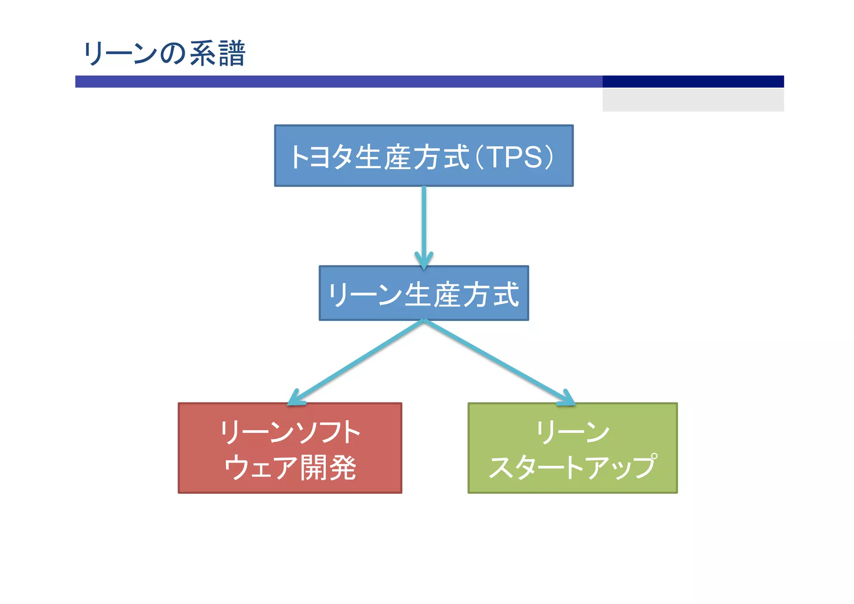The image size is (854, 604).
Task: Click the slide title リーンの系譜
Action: pyautogui.click(x=164, y=54)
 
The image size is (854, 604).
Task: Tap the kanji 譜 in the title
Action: pyautogui.click(x=231, y=54)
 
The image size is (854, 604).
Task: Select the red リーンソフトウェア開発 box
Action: pyautogui.click(x=290, y=448)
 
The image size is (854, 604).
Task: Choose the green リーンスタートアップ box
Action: pyautogui.click(x=572, y=448)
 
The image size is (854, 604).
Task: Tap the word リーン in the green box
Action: pyautogui.click(x=572, y=432)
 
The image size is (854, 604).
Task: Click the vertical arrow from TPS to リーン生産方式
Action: pyautogui.click(x=424, y=221)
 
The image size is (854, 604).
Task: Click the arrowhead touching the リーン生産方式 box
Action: pyautogui.click(x=424, y=261)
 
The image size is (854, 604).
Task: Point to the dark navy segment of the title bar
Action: pyautogui.click(x=693, y=81)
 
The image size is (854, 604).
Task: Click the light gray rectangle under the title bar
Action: pyautogui.click(x=693, y=100)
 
